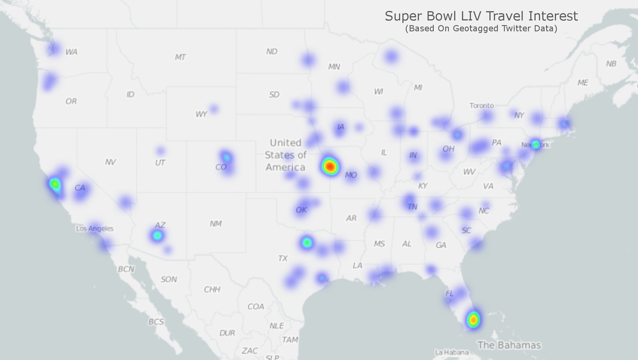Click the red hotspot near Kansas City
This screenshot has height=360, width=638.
tap(330, 166)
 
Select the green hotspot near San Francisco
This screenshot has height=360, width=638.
tap(55, 185)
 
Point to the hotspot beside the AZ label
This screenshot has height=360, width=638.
tap(157, 235)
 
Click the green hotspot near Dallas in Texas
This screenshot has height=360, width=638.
tap(307, 242)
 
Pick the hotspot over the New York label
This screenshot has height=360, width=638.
tap(536, 144)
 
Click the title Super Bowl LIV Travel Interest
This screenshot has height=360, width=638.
tap(481, 16)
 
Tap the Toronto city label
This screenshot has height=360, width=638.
tap(481, 105)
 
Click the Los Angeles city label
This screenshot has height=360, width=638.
tap(95, 229)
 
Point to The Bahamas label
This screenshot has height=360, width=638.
tap(509, 345)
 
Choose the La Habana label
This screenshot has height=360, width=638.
tap(451, 353)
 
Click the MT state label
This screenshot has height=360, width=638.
tap(180, 57)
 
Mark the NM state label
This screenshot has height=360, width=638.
tap(215, 224)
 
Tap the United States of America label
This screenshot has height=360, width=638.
tap(286, 155)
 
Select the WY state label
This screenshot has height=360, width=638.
tap(201, 114)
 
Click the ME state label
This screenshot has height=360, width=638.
tap(583, 83)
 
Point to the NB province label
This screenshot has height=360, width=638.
tap(611, 64)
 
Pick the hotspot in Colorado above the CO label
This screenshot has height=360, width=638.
tap(226, 156)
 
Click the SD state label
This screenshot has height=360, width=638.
tap(274, 95)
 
